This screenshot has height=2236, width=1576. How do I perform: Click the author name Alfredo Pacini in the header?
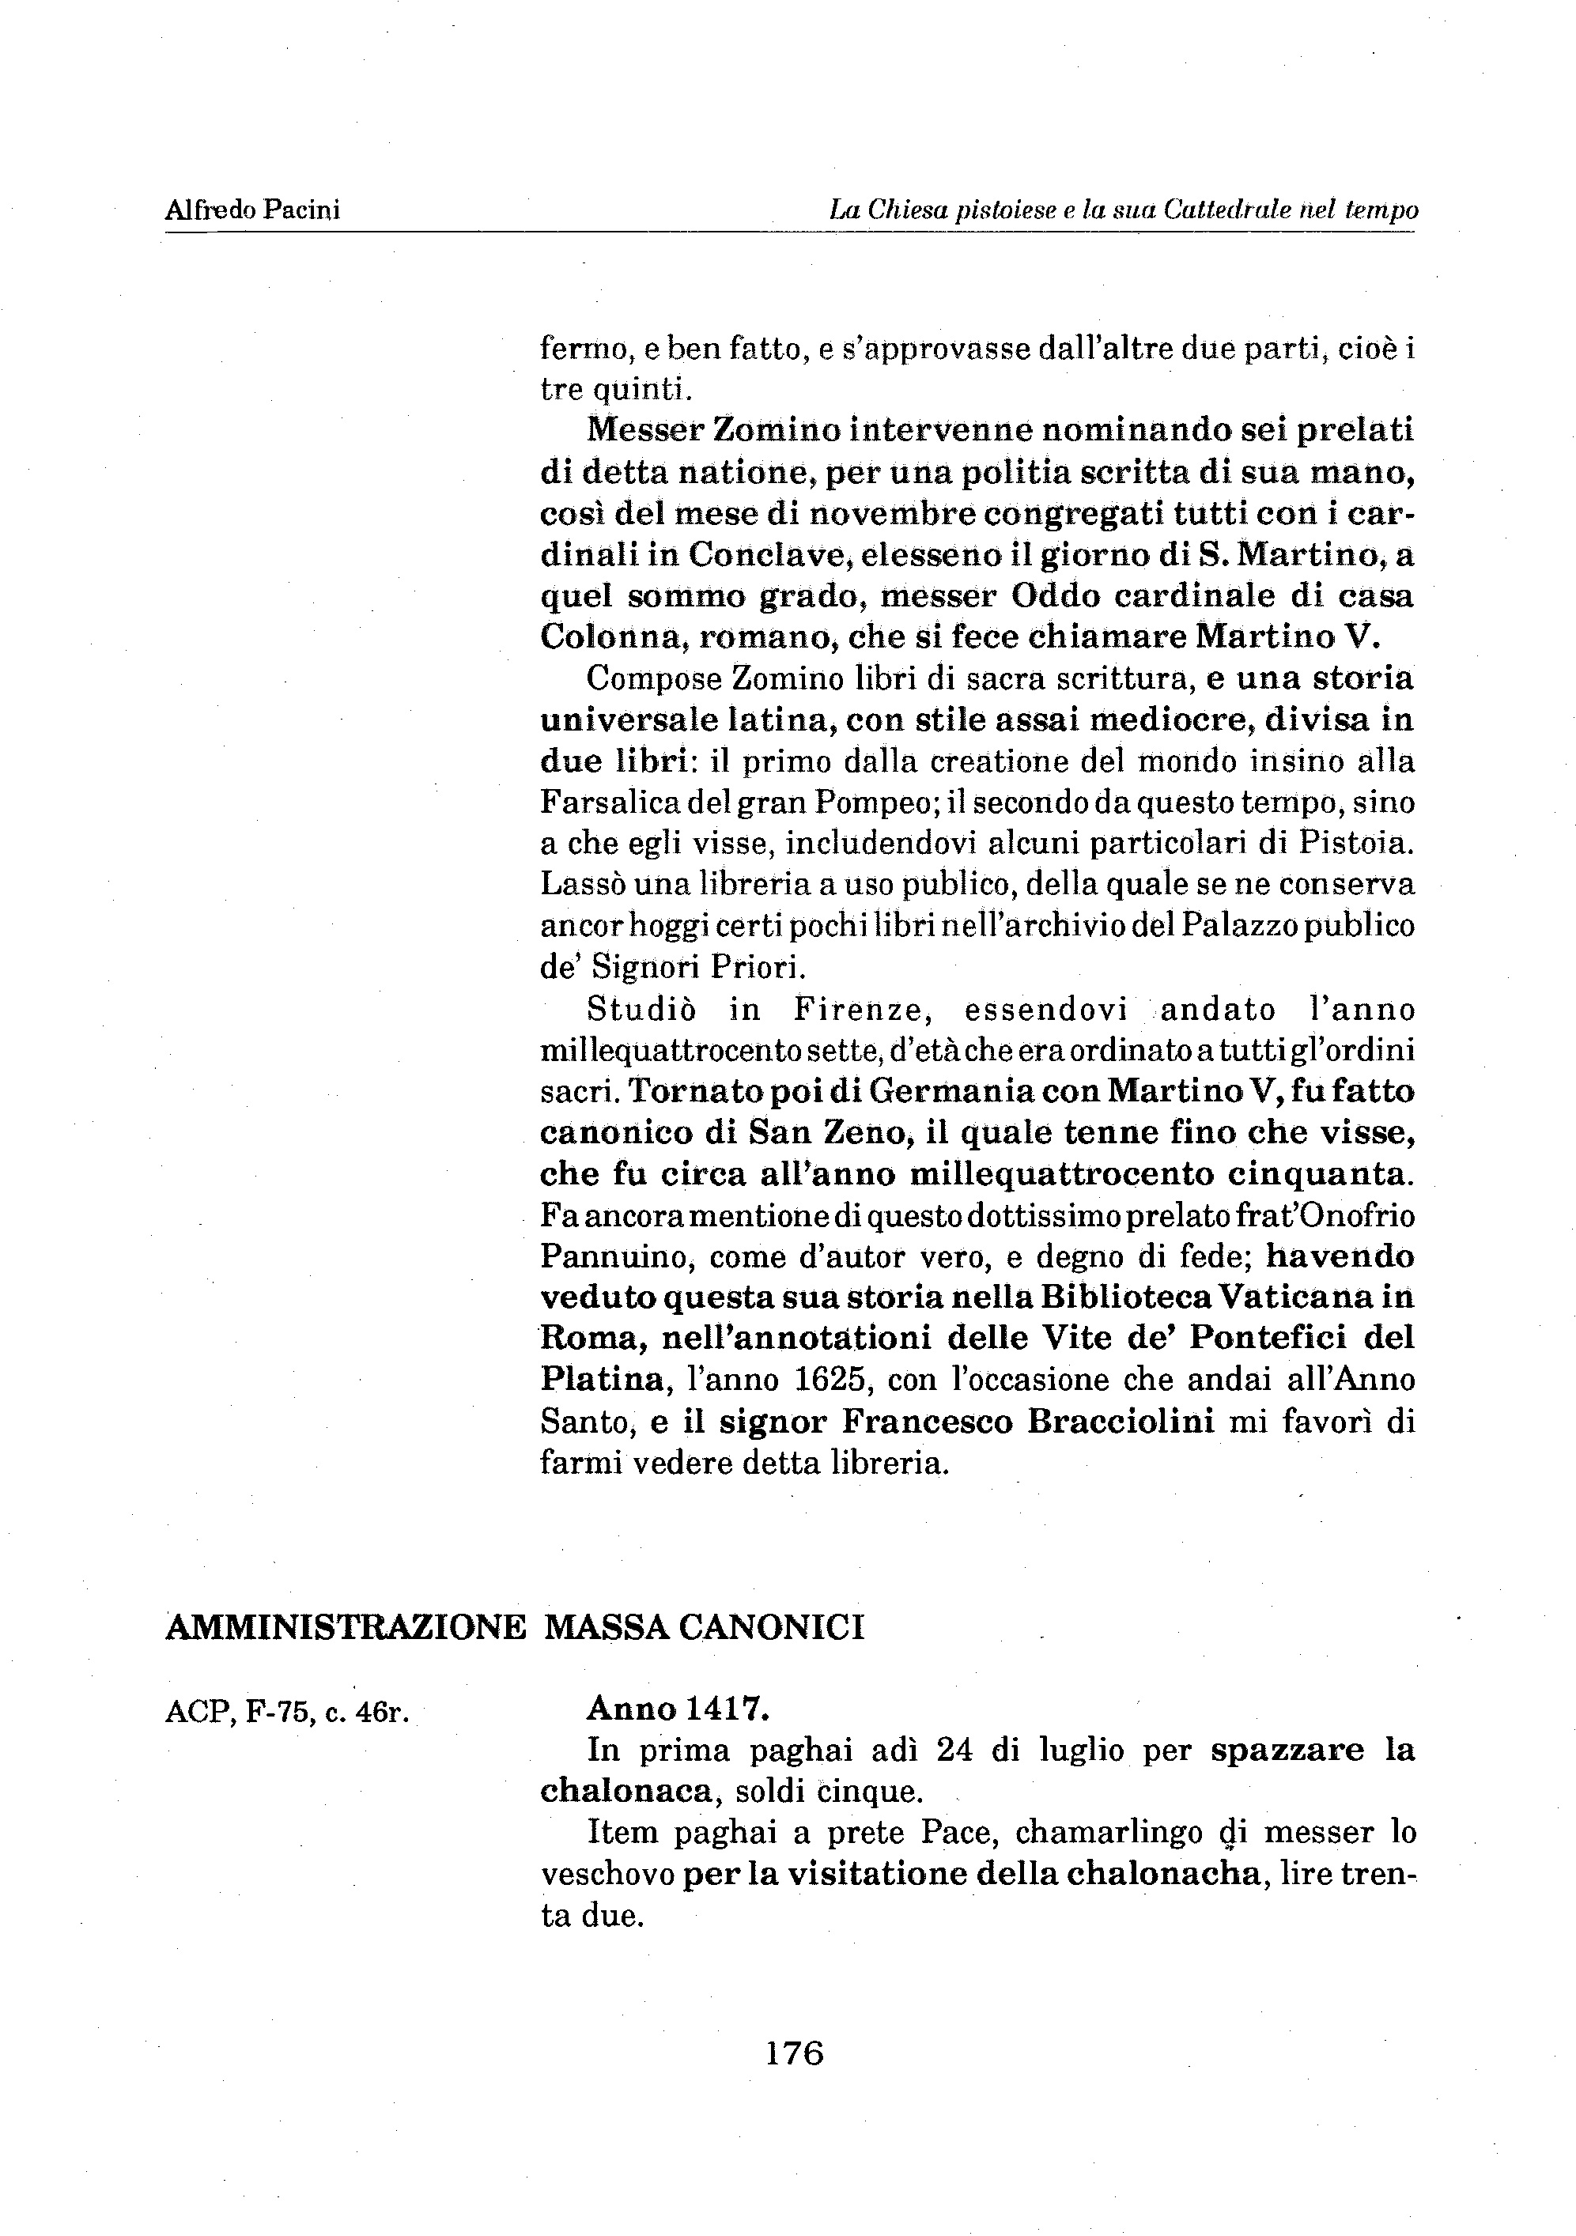pyautogui.click(x=252, y=210)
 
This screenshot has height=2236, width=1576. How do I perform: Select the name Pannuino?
pyautogui.click(x=614, y=1257)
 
